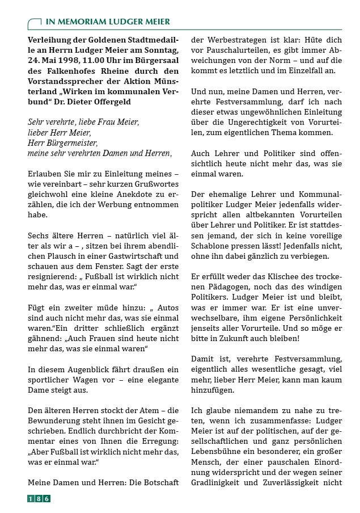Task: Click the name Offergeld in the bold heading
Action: coord(109,102)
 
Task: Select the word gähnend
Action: coord(45,337)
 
